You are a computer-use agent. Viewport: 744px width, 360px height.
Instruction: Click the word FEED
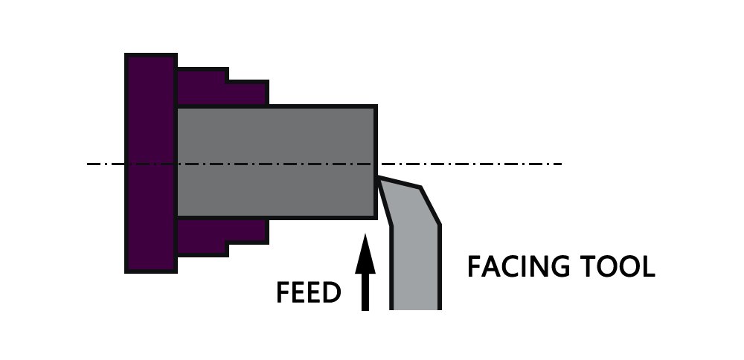tap(308, 292)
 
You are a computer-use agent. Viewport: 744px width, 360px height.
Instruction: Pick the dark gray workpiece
tap(275, 162)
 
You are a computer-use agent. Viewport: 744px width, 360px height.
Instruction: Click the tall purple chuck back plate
tap(151, 162)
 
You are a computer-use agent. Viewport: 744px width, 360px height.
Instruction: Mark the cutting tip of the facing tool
tap(379, 179)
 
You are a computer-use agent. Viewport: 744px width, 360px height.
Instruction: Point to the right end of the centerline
tap(559, 164)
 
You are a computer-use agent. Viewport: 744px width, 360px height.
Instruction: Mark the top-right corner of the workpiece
tap(376, 107)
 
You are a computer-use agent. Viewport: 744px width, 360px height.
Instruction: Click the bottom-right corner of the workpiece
tap(376, 218)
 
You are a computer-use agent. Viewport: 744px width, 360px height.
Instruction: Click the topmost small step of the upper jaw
tap(202, 74)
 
